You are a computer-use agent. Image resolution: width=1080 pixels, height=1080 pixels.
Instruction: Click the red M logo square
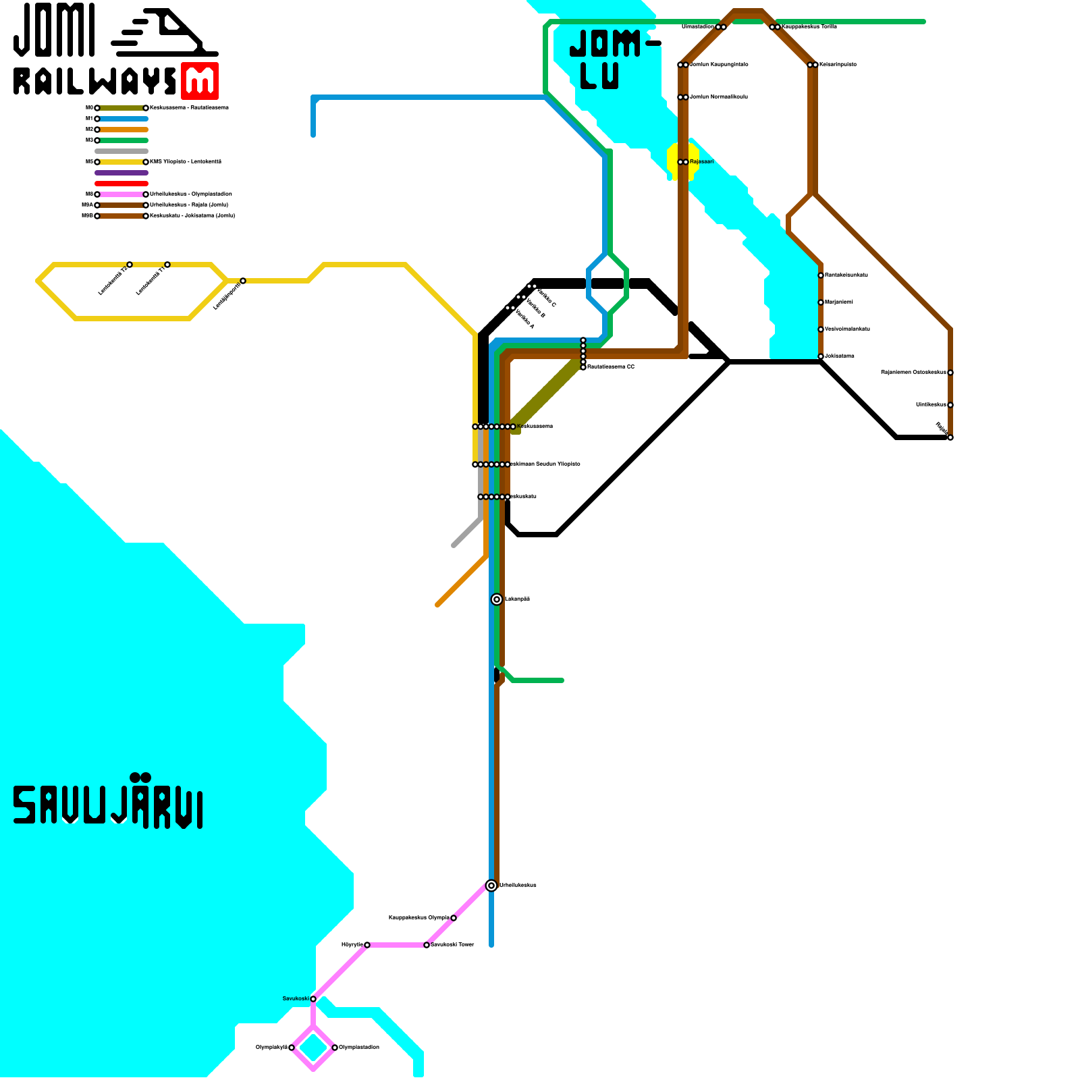(x=200, y=81)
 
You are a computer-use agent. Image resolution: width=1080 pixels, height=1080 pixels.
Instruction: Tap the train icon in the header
(x=165, y=34)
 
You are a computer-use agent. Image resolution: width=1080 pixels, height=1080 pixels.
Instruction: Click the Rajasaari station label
(x=701, y=162)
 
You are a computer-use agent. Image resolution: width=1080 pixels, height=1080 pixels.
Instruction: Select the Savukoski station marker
(x=313, y=999)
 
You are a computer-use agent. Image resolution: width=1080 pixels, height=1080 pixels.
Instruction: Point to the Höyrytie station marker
(x=367, y=945)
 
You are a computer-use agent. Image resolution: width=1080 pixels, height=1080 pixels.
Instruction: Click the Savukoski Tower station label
(x=452, y=945)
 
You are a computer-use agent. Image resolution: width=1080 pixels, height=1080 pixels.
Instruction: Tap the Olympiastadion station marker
(x=335, y=1048)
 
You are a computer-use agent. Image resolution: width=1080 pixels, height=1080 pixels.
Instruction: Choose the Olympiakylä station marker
(x=292, y=1048)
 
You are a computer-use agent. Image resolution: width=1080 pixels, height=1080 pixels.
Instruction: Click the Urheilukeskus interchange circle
(x=491, y=886)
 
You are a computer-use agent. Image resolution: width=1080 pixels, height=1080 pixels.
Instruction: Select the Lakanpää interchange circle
(x=497, y=599)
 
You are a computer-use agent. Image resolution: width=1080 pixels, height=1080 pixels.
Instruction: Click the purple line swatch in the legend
(x=122, y=173)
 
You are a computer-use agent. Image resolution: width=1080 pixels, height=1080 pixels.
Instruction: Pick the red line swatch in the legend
(x=122, y=184)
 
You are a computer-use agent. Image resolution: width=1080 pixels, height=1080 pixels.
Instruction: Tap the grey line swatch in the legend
(x=122, y=151)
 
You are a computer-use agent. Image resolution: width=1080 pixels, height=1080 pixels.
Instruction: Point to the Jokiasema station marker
(x=821, y=356)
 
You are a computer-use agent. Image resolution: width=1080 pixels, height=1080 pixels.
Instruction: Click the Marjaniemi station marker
(x=821, y=302)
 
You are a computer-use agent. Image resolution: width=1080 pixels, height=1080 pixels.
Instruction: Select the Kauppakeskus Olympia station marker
(x=454, y=918)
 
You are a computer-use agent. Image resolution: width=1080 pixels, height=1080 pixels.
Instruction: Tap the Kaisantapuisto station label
(x=838, y=65)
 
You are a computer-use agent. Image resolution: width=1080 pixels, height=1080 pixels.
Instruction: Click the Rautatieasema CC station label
(x=611, y=367)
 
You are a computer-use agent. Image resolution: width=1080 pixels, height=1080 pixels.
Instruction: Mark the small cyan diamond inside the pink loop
(x=313, y=1048)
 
